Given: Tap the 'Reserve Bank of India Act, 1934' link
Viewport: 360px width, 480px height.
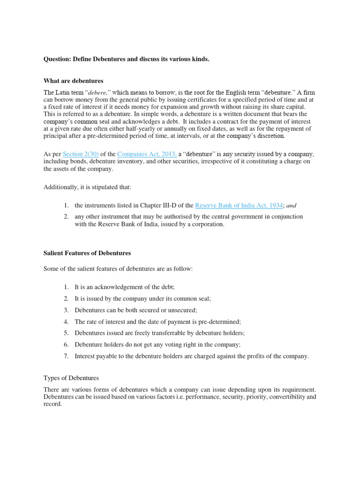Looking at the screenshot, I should click(x=239, y=205).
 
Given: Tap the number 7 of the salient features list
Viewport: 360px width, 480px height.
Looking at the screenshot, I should click(x=66, y=356).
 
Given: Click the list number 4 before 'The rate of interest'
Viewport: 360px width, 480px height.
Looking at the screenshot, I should click(x=66, y=322).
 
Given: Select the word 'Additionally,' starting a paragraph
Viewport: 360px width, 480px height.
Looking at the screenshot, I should click(x=61, y=187).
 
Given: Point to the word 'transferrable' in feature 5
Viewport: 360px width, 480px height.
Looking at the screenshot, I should click(x=172, y=333).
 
